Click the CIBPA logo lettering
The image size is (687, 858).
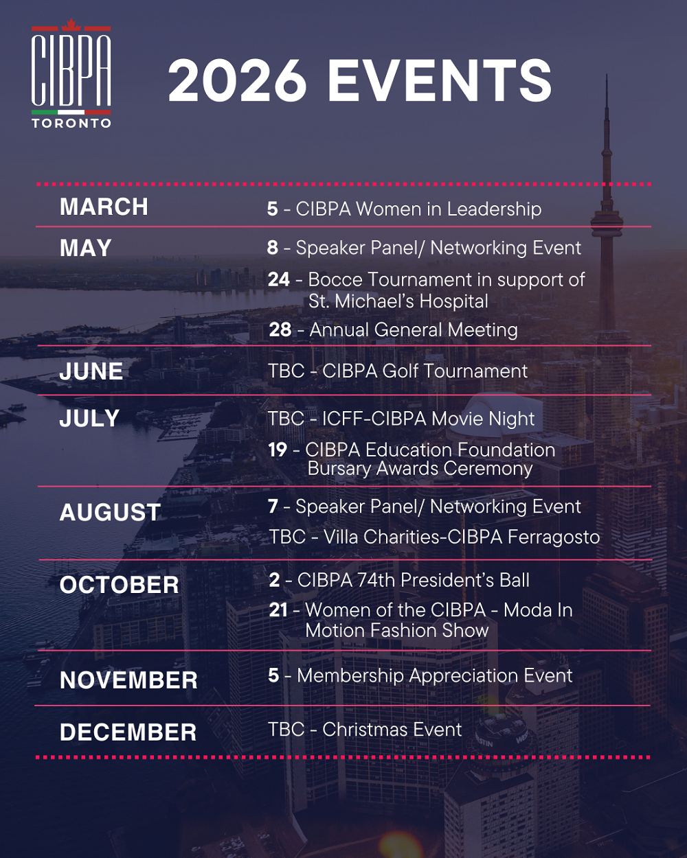[x=71, y=69]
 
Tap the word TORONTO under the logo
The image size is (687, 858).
[x=71, y=124]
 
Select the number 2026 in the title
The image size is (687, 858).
[x=237, y=81]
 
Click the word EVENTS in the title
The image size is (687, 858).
[x=440, y=81]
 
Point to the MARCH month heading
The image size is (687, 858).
[x=104, y=207]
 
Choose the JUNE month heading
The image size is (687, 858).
[x=91, y=371]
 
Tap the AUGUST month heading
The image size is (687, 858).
[x=110, y=513]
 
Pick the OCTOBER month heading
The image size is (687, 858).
[x=120, y=585]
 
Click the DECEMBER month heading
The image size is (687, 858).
[x=128, y=732]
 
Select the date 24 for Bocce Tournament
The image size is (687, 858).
[x=279, y=280]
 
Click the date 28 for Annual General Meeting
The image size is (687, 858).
[x=280, y=330]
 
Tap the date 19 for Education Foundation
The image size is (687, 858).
[x=278, y=450]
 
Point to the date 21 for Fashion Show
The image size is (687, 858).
[x=278, y=610]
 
